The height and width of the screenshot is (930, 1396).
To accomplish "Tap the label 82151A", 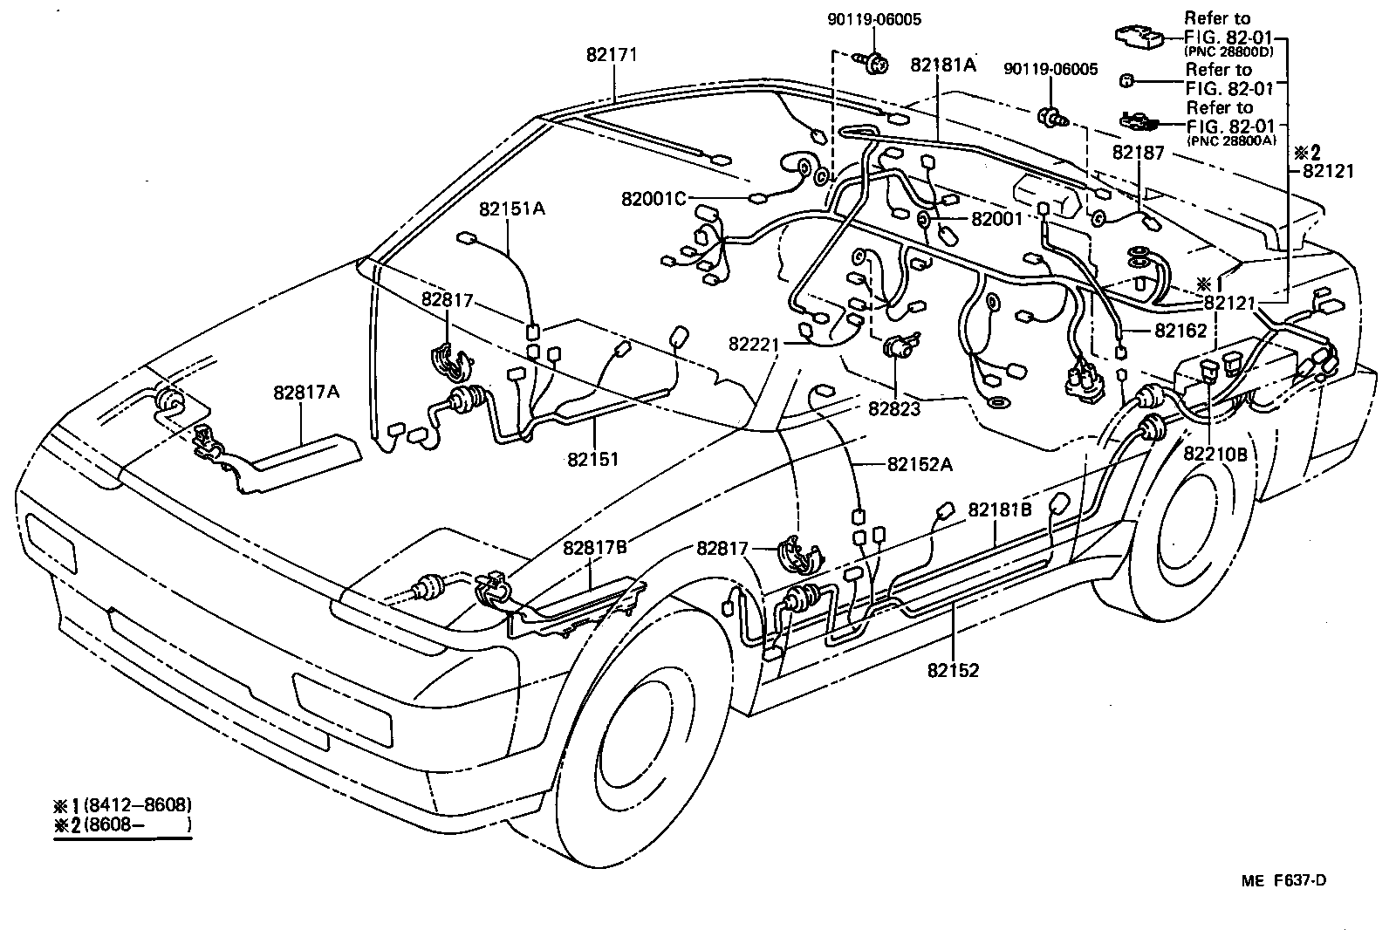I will tap(511, 209).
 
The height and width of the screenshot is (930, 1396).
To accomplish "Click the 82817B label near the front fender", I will tap(595, 547).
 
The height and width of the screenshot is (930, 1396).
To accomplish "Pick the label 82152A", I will tap(920, 465).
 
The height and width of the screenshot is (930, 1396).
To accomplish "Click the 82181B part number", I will tap(1000, 509).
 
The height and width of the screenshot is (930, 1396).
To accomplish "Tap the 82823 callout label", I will tap(894, 407).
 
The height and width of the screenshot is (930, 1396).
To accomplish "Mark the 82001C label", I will tap(654, 198).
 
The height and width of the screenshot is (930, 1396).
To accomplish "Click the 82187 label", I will tap(1139, 153).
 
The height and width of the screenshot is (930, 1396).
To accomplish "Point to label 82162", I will tap(1180, 332).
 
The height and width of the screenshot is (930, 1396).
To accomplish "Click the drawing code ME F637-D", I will tap(1283, 880).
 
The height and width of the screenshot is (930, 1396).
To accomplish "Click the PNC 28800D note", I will tap(1228, 51).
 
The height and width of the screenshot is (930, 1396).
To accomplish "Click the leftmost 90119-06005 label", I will tap(875, 19).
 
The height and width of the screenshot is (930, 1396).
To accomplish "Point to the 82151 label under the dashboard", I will tap(592, 458).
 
